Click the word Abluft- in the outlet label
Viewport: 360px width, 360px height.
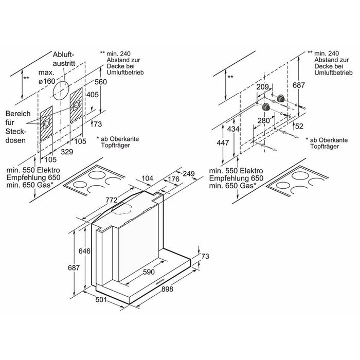tap(63, 55)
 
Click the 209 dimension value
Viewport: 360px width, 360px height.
tap(263, 88)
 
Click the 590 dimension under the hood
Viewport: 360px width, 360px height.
tap(149, 272)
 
